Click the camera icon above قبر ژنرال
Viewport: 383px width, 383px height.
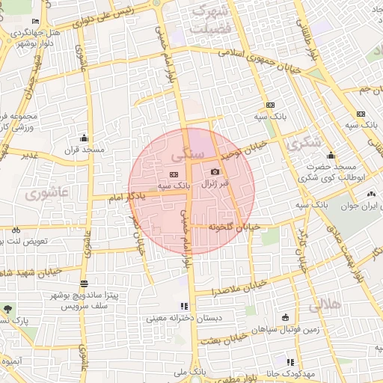pos(215,171)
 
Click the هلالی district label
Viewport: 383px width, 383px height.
pos(324,304)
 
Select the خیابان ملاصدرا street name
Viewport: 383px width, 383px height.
pos(238,287)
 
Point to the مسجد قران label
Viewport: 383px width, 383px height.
pos(83,150)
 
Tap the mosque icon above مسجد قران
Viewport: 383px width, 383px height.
pos(84,138)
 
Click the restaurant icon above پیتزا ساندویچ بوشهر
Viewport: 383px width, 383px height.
pos(83,285)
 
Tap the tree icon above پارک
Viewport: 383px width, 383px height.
pos(8,309)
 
